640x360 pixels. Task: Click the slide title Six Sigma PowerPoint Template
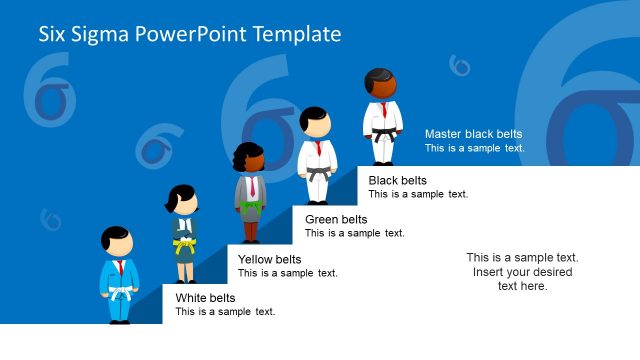190,35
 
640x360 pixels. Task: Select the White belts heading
206,298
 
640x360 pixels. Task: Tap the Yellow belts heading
269,259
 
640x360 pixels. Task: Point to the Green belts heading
336,219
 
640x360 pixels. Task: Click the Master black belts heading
473,134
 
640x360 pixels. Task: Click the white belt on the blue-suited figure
119,293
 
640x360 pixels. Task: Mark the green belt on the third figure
250,205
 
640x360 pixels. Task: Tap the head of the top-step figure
380,83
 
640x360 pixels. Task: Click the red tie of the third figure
252,186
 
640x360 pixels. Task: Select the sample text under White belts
225,312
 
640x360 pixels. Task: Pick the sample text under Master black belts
474,148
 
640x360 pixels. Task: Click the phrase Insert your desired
522,272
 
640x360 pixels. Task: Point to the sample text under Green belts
354,233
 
